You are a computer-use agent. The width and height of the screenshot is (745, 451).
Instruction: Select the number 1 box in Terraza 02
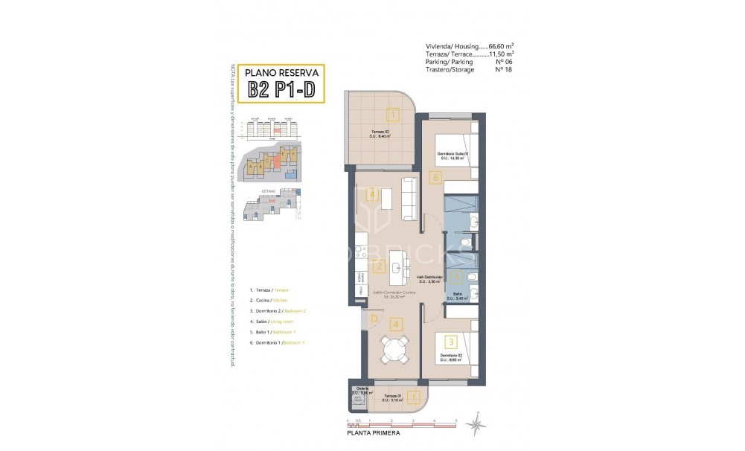(x=392, y=115)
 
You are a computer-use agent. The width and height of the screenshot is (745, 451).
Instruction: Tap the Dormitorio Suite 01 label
(x=453, y=153)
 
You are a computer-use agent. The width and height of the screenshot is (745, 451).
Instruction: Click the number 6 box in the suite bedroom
(x=436, y=177)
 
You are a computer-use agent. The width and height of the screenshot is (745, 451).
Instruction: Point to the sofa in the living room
(x=409, y=199)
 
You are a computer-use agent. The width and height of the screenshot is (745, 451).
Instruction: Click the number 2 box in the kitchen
(x=379, y=267)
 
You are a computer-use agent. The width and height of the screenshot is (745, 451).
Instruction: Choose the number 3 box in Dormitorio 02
(x=450, y=342)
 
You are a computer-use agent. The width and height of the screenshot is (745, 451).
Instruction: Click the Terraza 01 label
(x=393, y=395)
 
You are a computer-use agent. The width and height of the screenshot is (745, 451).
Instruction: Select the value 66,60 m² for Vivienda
(x=501, y=46)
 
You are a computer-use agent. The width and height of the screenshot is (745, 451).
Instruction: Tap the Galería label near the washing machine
(x=362, y=388)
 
